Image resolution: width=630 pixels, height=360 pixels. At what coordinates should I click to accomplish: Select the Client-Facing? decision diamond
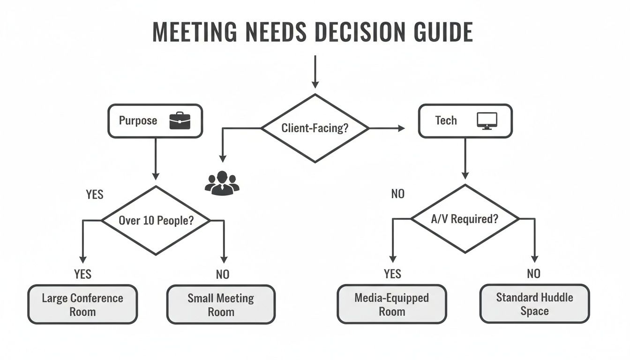315,128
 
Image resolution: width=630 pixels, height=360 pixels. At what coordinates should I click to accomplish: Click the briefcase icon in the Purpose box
180,120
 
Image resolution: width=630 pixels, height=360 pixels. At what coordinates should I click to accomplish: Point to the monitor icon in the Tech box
487,121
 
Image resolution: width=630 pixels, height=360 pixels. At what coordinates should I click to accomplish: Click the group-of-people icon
222,183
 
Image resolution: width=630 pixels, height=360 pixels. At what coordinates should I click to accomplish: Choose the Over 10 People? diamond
156,220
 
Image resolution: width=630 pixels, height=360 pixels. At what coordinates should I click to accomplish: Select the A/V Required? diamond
465,219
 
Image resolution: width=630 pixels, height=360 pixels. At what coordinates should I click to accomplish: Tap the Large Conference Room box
82,305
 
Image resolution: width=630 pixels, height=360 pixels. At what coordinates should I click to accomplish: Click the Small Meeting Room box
221,305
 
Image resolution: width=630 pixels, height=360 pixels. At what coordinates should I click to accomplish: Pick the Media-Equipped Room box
392,305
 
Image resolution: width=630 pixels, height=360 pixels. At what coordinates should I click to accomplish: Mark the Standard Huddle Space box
534,304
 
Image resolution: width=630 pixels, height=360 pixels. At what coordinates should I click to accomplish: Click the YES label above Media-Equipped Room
392,274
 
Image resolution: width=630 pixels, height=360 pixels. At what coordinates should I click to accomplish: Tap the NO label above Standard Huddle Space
533,274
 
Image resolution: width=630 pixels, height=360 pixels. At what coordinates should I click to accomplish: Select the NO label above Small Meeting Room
223,274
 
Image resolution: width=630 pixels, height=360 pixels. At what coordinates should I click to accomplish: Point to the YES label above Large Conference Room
82,274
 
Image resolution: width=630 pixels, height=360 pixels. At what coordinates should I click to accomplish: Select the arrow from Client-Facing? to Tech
387,127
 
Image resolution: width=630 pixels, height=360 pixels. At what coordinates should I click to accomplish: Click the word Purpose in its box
138,120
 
